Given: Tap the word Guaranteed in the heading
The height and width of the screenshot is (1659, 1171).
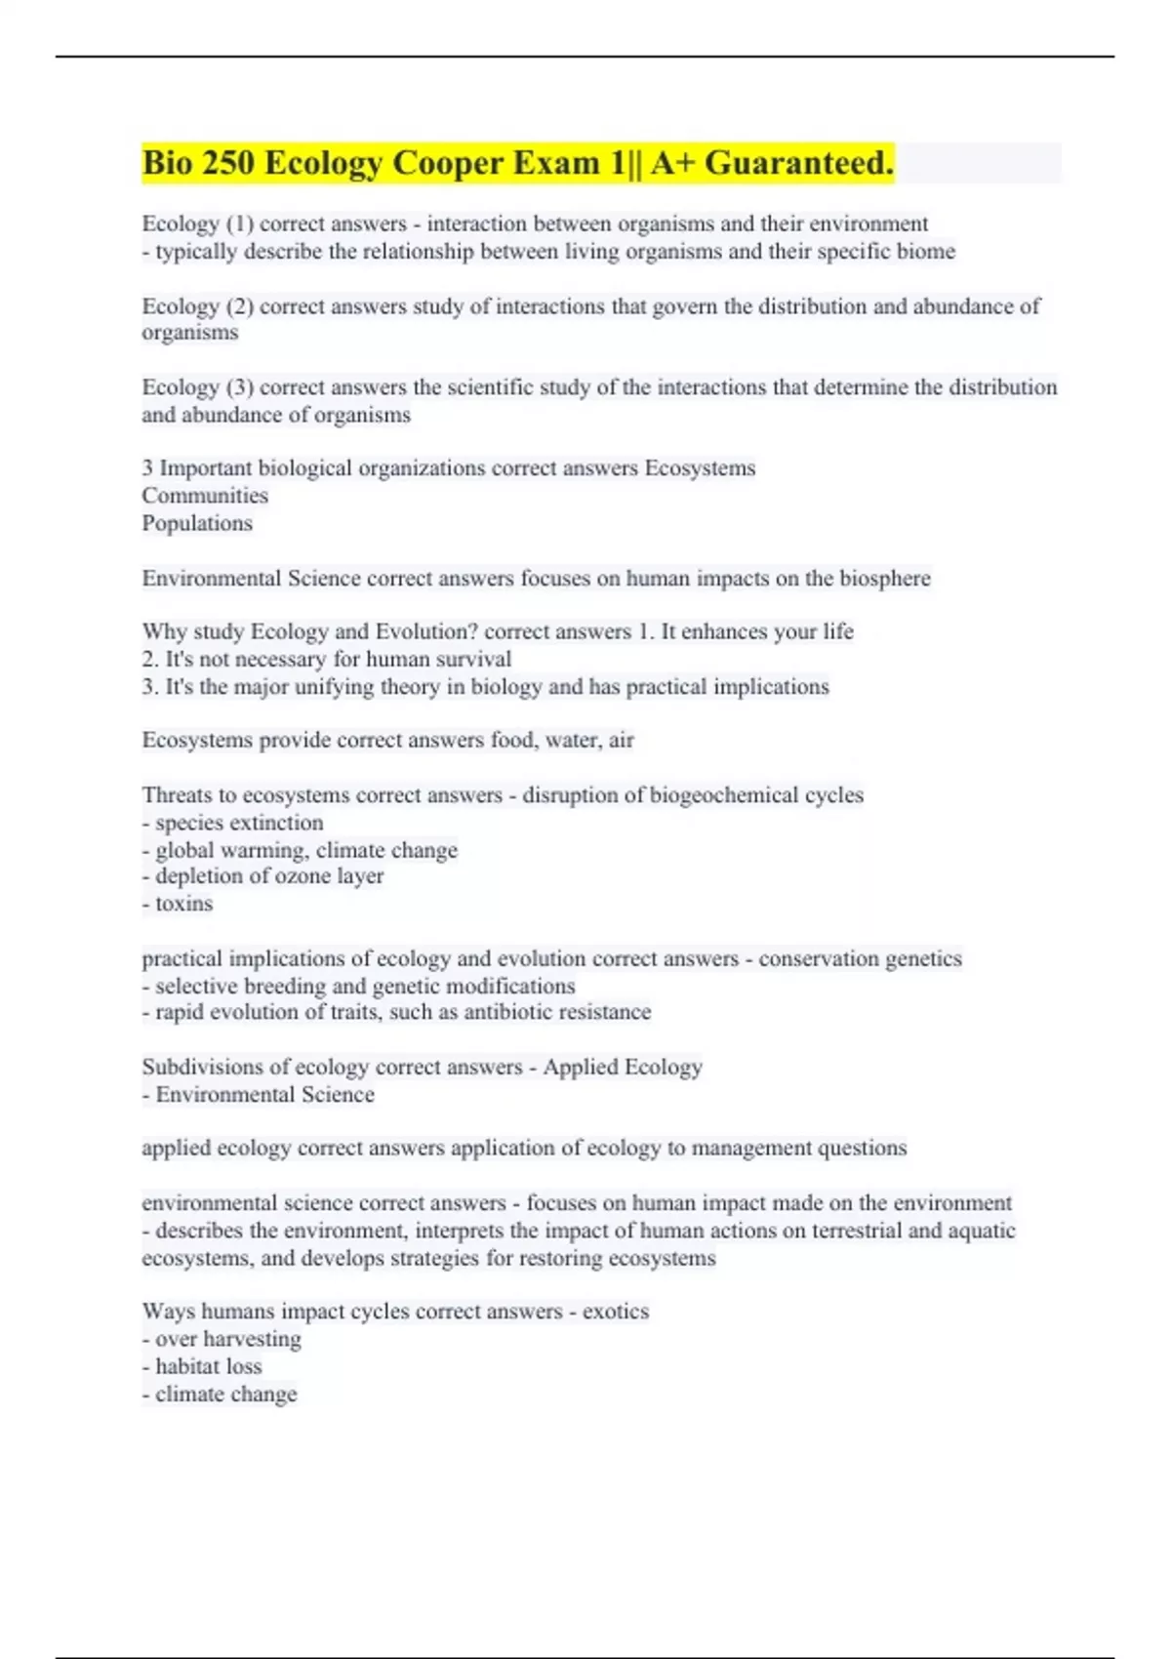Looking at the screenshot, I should point(798,163).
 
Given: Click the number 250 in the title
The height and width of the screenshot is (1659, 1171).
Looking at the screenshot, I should point(227,163).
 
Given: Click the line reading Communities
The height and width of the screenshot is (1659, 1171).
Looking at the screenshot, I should point(205,496).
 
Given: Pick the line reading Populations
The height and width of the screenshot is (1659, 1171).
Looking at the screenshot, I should point(197,523).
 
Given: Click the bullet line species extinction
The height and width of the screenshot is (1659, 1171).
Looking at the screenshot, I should point(233,823).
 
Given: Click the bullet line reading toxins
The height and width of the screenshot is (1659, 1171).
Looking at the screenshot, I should point(178,904).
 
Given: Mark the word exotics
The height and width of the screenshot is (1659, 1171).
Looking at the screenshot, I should point(616,1312).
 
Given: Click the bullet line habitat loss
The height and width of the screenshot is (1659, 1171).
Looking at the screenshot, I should point(203,1366).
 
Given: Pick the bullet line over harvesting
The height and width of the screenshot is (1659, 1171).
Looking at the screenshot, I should point(222,1339).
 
